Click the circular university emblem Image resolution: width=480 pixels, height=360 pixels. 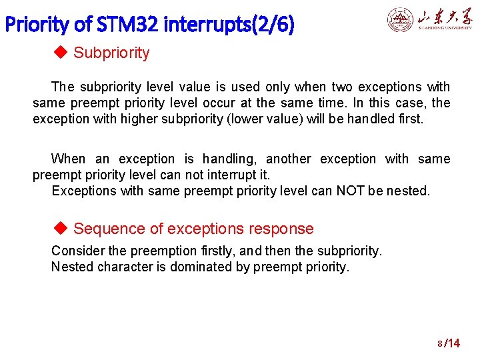pyautogui.click(x=401, y=20)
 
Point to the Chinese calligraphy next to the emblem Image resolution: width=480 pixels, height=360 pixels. pyautogui.click(x=445, y=17)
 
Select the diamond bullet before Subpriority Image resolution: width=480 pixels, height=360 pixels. pyautogui.click(x=60, y=53)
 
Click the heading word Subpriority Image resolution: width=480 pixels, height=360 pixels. pyautogui.click(x=111, y=53)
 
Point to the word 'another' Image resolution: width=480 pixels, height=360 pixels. pyautogui.click(x=288, y=159)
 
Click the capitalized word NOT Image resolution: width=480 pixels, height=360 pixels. pyautogui.click(x=349, y=191)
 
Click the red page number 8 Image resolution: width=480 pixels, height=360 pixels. pyautogui.click(x=440, y=344)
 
